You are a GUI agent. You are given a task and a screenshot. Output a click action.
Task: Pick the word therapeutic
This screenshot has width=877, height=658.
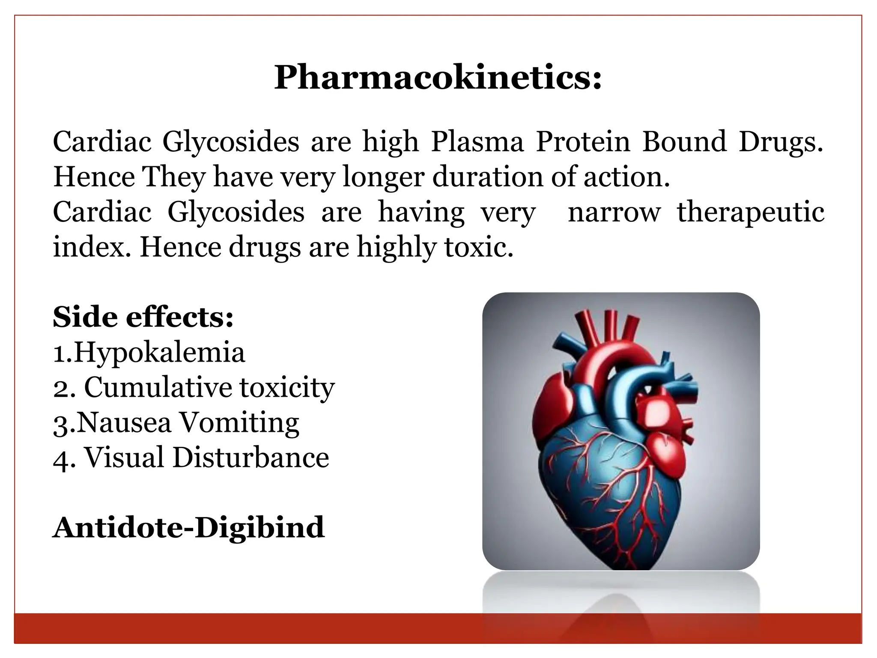click(x=750, y=212)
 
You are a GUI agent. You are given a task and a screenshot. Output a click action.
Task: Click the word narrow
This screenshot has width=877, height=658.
click(x=614, y=212)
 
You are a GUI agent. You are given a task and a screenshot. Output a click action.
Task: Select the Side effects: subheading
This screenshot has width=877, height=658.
click(x=143, y=317)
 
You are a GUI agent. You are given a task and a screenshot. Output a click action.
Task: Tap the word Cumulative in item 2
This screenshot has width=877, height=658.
click(x=157, y=388)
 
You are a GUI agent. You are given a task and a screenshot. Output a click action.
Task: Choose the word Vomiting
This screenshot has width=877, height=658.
click(x=239, y=423)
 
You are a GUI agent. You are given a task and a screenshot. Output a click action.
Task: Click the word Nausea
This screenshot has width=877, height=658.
click(x=124, y=423)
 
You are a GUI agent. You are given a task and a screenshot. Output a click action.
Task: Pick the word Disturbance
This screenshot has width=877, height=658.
click(x=251, y=458)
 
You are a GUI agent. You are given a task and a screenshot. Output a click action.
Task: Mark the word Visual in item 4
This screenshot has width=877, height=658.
click(x=124, y=458)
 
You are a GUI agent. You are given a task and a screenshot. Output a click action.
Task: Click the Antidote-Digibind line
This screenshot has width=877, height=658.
click(x=188, y=527)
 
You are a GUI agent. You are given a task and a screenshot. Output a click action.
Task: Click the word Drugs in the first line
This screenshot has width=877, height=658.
click(x=780, y=143)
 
